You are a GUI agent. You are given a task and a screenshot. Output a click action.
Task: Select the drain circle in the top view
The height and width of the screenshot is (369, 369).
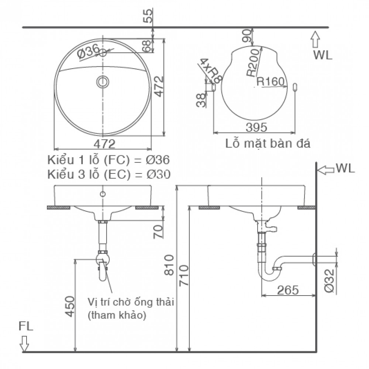pos(103,82)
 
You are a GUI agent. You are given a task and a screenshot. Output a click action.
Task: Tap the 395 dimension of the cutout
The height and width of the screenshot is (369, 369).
pos(256,127)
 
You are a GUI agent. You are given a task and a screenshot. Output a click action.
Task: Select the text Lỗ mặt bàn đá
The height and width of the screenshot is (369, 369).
pos(268,144)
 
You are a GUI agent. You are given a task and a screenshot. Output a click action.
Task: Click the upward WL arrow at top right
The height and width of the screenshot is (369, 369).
pos(315,39)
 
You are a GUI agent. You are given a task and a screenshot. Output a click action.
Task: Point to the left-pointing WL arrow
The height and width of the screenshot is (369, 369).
pos(325,170)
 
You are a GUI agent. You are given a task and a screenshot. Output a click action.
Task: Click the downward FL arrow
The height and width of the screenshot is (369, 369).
pos(25,343)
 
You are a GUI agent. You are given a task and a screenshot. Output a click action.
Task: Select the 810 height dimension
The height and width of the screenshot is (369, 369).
pos(170,265)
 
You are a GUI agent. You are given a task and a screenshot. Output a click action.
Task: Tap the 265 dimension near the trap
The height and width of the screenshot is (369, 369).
pos(287,290)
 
